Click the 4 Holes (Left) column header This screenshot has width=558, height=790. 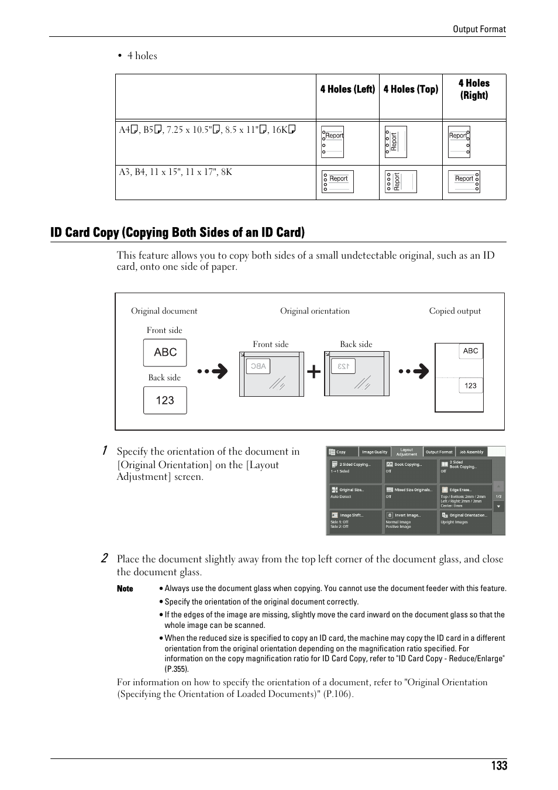(x=347, y=89)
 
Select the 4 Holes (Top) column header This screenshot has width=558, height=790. (x=411, y=89)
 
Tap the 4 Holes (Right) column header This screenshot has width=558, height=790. (x=474, y=89)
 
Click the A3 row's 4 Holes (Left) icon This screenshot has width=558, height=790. (x=337, y=181)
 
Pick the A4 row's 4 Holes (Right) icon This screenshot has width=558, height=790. (x=459, y=142)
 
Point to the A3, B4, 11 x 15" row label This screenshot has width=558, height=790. (x=175, y=172)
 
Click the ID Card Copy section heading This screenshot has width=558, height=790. (x=177, y=232)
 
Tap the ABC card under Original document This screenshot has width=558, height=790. (x=165, y=352)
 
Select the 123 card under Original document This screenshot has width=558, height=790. (x=165, y=400)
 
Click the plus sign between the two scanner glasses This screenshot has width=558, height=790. (x=314, y=372)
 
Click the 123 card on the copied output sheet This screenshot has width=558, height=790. (x=471, y=386)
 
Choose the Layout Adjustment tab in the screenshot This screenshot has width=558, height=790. (x=407, y=452)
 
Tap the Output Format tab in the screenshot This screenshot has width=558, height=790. (x=439, y=452)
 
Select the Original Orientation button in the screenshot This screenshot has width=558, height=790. (x=466, y=521)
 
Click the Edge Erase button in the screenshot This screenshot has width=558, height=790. (x=466, y=496)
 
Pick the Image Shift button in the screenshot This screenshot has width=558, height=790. (x=355, y=521)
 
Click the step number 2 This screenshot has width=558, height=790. (x=104, y=558)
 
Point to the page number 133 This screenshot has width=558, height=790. (x=500, y=766)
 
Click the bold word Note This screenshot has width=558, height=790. (x=125, y=589)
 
